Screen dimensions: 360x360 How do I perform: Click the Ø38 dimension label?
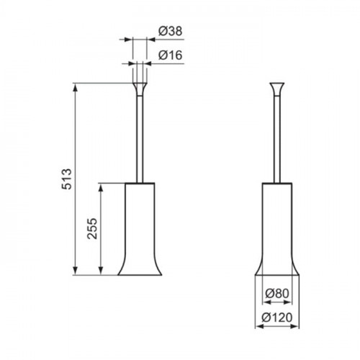click(x=171, y=31)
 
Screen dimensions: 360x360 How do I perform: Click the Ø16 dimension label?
click(x=171, y=55)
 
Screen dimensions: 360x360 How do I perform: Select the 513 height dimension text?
click(x=66, y=179)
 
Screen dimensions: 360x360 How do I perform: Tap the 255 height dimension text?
click(x=92, y=228)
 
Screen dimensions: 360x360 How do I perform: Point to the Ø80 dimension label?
click(x=277, y=293)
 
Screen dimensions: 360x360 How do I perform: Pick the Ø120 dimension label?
click(x=277, y=318)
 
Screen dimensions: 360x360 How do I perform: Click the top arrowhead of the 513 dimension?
click(x=76, y=87)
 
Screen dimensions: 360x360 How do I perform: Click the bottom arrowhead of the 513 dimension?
click(x=76, y=271)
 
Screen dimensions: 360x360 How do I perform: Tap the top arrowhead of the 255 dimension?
click(x=101, y=187)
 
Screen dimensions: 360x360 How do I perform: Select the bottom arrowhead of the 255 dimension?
click(x=101, y=271)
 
